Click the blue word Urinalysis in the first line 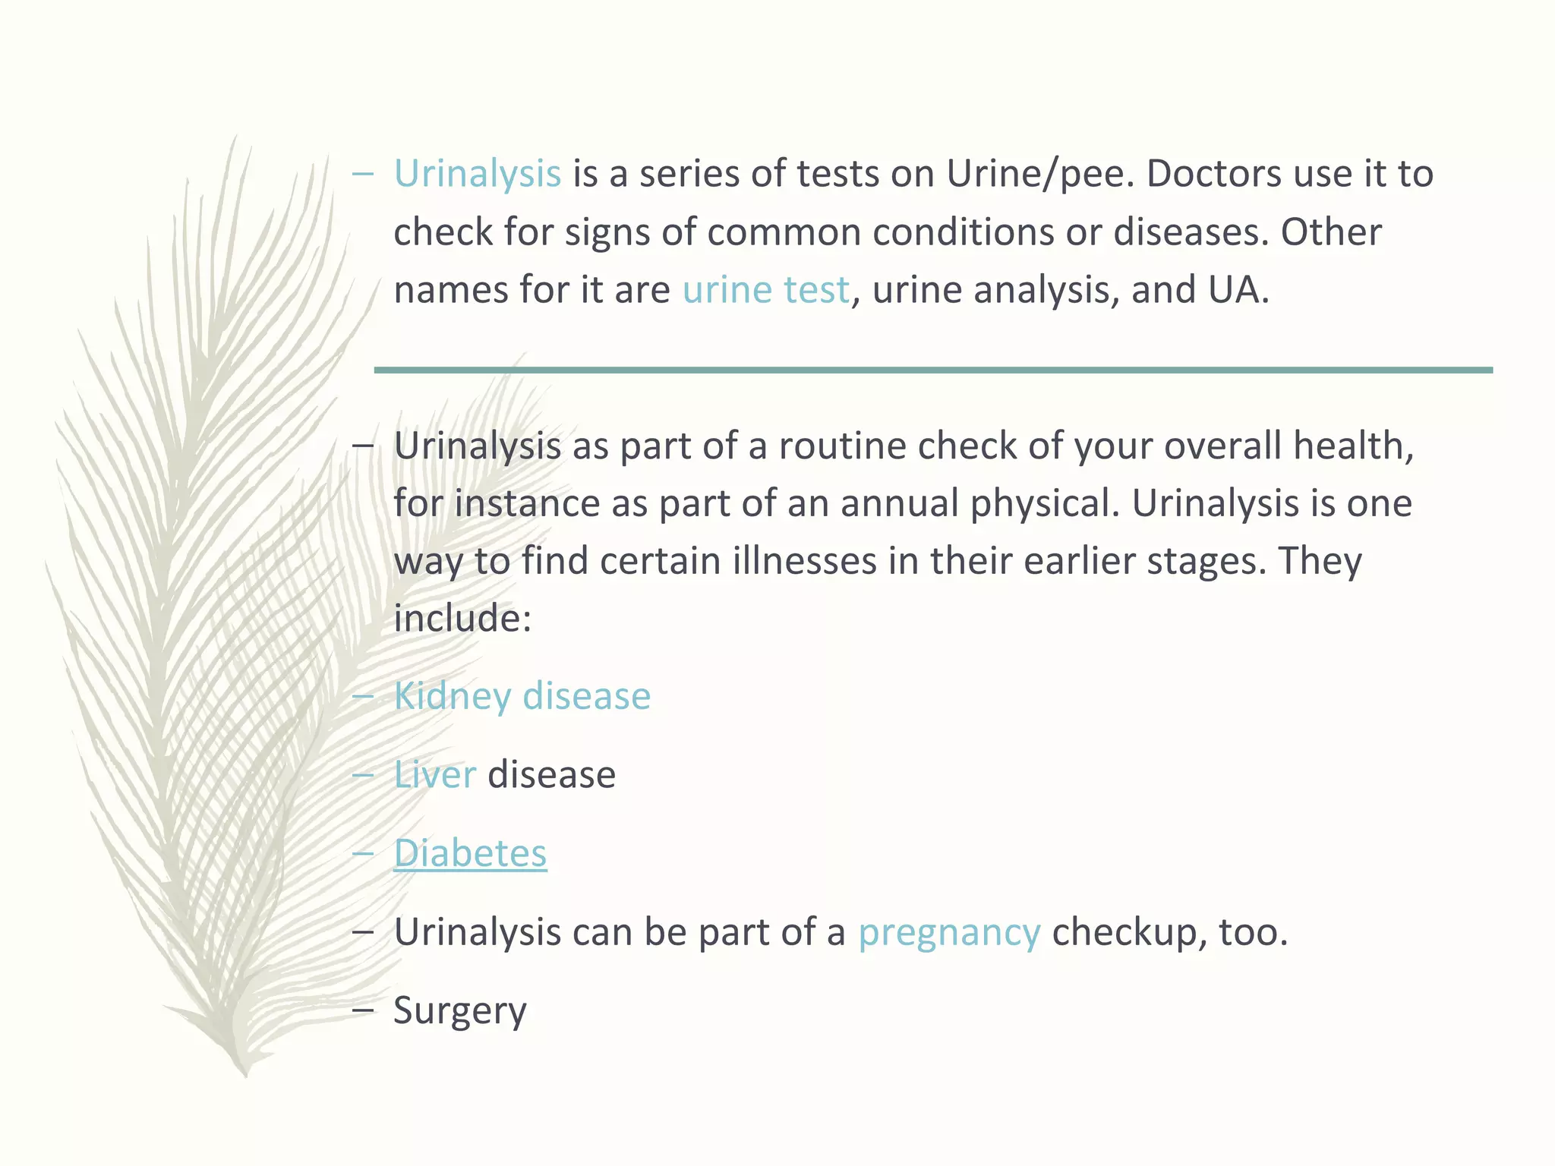(x=477, y=174)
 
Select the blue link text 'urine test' (x=765, y=290)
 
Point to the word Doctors (x=1214, y=174)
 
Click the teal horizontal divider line (x=932, y=370)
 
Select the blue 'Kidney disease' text (x=522, y=696)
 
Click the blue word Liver (x=434, y=775)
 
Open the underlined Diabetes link (x=470, y=853)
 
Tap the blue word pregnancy (x=949, y=932)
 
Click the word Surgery (x=459, y=1011)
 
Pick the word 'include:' (x=462, y=619)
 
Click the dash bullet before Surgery (x=363, y=1010)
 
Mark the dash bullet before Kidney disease (x=363, y=695)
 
